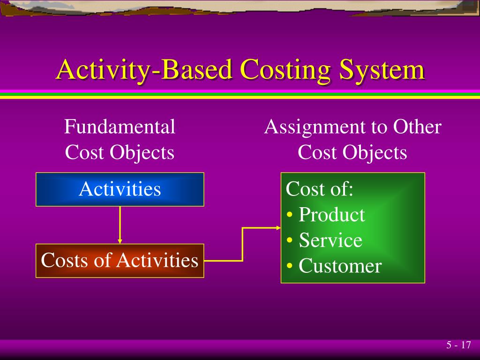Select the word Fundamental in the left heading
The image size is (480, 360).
pos(120,127)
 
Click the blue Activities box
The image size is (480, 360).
pos(120,189)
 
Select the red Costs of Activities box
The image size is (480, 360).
pos(120,261)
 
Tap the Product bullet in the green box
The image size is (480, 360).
pos(331,215)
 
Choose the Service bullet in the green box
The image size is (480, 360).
pos(330,240)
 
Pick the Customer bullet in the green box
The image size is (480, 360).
pos(339,266)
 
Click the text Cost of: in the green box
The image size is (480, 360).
pos(320,189)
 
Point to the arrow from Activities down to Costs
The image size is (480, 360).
pos(120,224)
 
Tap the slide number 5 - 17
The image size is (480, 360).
pos(458,345)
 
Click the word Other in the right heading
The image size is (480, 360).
pos(417,127)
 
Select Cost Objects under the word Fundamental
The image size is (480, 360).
pos(120,152)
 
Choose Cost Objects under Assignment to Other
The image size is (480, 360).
pos(352,152)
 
